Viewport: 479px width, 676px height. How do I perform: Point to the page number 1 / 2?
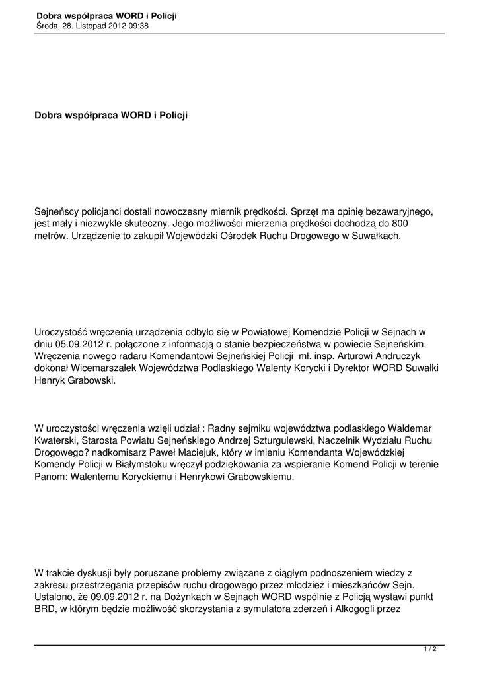tap(430, 650)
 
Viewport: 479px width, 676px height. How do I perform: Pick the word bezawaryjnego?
tap(402, 211)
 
